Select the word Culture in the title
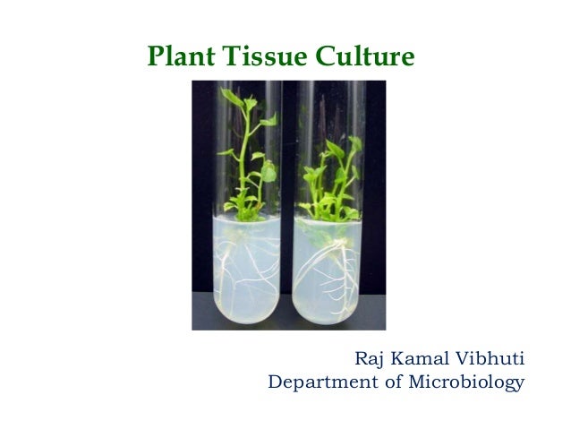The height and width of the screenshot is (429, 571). point(364,58)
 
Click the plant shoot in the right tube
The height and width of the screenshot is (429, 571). point(328,175)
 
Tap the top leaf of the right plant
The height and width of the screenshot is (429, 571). point(352,143)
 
